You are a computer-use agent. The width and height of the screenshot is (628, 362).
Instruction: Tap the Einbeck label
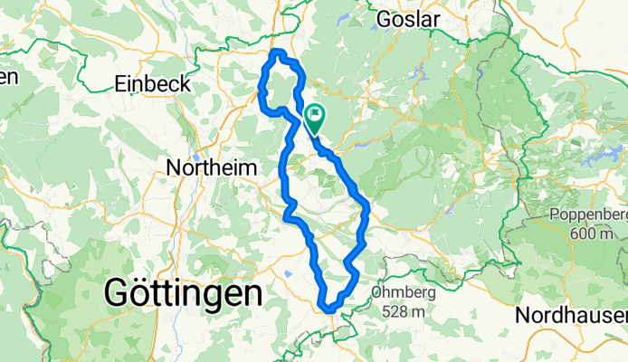[x=153, y=84]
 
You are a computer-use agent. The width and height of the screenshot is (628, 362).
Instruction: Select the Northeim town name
[x=212, y=167]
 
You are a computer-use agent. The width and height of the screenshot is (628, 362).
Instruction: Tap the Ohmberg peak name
[x=404, y=293]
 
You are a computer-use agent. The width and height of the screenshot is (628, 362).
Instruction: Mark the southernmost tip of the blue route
[x=331, y=310]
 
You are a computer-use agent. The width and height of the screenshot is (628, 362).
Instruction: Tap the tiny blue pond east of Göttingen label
[x=287, y=271]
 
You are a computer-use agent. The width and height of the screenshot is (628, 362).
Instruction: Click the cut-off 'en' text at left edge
[x=7, y=77]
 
